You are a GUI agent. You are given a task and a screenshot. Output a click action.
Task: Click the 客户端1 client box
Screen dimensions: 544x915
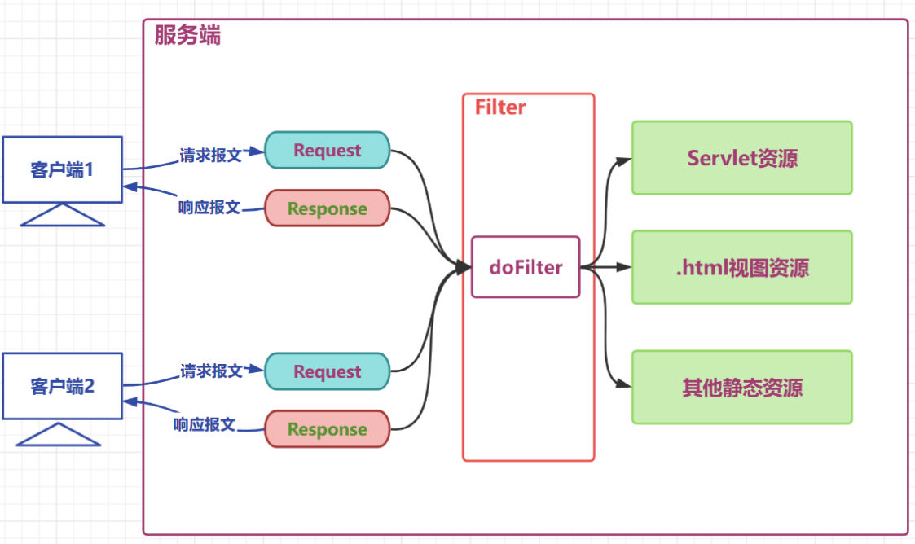tap(62, 169)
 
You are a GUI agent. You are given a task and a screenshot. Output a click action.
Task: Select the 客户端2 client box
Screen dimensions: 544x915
tap(62, 386)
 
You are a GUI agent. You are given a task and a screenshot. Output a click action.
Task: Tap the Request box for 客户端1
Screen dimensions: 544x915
tap(328, 150)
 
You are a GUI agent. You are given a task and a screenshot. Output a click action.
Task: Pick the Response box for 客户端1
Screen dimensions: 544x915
tap(328, 208)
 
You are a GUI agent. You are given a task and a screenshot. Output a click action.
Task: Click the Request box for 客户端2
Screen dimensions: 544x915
tap(328, 371)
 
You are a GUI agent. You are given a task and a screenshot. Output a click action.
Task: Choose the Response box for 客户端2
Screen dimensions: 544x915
tap(328, 429)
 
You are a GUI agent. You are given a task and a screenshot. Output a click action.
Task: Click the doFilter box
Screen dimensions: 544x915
tap(526, 267)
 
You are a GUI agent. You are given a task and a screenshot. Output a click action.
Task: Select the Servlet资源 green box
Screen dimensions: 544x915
tap(741, 158)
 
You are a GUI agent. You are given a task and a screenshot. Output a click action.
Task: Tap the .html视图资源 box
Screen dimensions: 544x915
tap(741, 267)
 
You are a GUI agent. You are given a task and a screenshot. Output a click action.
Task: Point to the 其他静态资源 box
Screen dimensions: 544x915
tap(741, 387)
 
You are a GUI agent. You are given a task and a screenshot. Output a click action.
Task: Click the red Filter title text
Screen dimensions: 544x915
tap(500, 107)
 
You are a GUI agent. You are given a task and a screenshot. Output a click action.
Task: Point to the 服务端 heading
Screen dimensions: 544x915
tap(187, 36)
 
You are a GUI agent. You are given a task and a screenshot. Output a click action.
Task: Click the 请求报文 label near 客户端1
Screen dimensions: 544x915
tap(211, 155)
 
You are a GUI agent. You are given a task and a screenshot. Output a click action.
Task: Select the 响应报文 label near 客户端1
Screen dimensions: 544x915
tap(209, 207)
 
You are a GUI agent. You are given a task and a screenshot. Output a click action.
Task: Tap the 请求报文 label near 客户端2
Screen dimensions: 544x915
tap(211, 371)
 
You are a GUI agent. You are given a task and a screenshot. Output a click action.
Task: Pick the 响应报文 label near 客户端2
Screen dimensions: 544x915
tap(205, 423)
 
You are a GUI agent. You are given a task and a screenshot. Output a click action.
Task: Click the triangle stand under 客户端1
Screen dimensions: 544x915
tap(62, 215)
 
